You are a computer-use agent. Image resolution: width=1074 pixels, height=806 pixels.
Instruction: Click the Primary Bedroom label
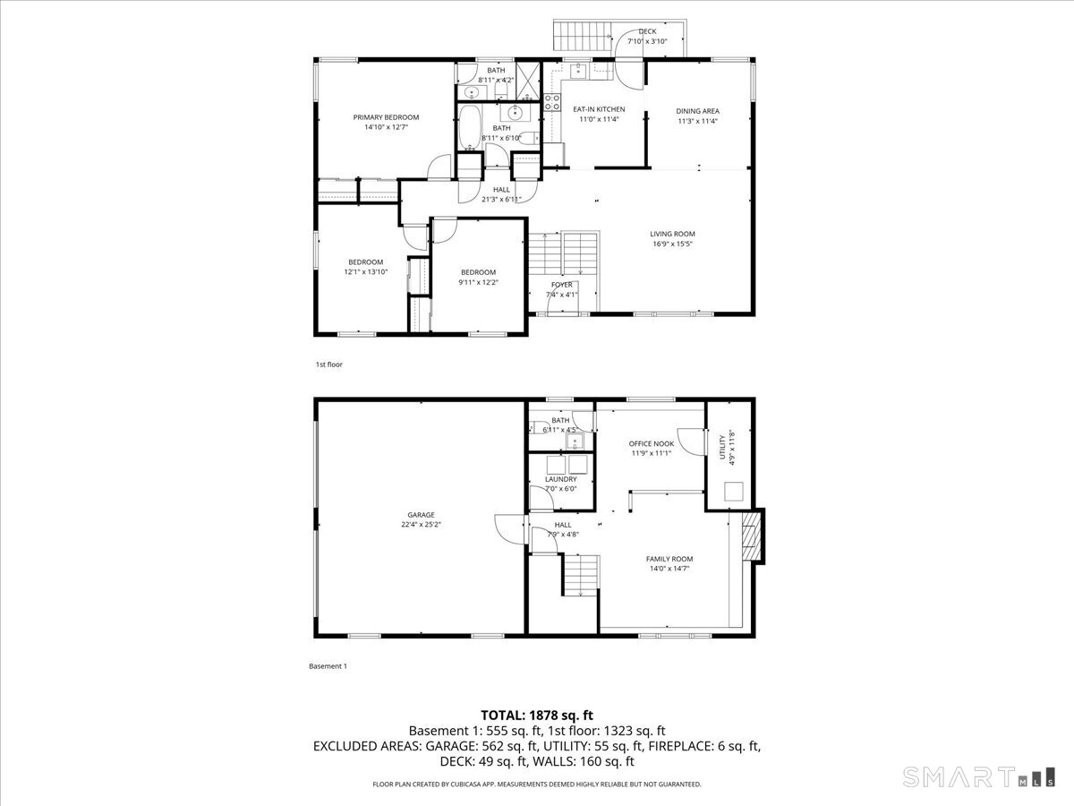[x=386, y=117]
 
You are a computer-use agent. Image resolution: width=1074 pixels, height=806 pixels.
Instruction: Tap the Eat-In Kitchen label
[x=599, y=109]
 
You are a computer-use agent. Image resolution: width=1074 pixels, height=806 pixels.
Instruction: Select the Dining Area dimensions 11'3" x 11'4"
[x=697, y=121]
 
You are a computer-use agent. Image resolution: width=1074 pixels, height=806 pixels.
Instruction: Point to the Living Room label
[x=672, y=234]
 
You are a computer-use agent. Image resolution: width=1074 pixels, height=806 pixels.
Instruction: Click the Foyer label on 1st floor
[x=561, y=285]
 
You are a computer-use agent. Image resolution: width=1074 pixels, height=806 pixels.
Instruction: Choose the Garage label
[x=421, y=515]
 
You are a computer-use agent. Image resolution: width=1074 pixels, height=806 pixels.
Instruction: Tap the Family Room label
[x=669, y=559]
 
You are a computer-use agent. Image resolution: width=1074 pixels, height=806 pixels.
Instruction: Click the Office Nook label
[x=652, y=443]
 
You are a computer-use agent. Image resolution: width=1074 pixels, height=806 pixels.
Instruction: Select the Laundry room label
[x=561, y=479]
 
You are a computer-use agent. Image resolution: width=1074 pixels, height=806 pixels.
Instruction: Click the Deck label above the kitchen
[x=646, y=31]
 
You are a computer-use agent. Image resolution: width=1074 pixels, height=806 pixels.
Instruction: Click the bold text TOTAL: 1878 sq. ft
[x=537, y=715]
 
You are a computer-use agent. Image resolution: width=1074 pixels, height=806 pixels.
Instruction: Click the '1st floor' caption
[x=328, y=364]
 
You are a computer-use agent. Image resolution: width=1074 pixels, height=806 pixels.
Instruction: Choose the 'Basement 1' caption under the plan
[x=327, y=666]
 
